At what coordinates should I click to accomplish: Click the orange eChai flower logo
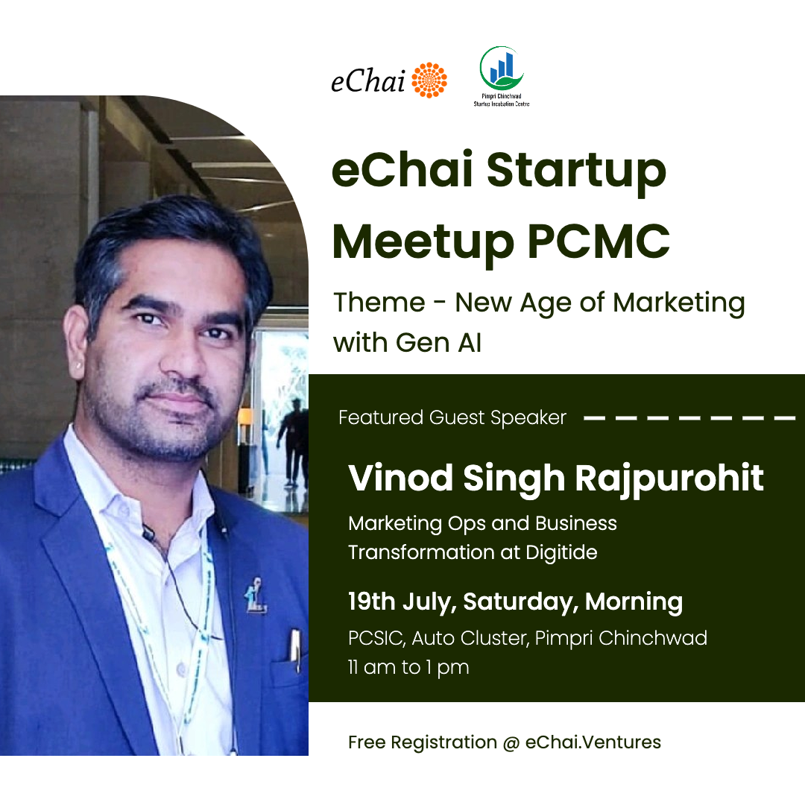[429, 80]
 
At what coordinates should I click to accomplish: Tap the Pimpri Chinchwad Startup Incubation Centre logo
[502, 77]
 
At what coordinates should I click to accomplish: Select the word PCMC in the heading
[599, 241]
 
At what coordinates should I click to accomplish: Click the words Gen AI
[439, 342]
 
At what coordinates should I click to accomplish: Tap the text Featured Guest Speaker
[452, 418]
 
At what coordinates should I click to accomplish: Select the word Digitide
[562, 552]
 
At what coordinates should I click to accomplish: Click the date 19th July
[402, 602]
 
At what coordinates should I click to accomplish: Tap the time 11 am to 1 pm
[408, 668]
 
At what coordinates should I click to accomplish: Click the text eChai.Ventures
[593, 742]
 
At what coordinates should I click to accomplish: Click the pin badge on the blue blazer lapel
[255, 596]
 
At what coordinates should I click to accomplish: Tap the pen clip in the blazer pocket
[295, 650]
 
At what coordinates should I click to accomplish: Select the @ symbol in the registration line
[511, 743]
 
